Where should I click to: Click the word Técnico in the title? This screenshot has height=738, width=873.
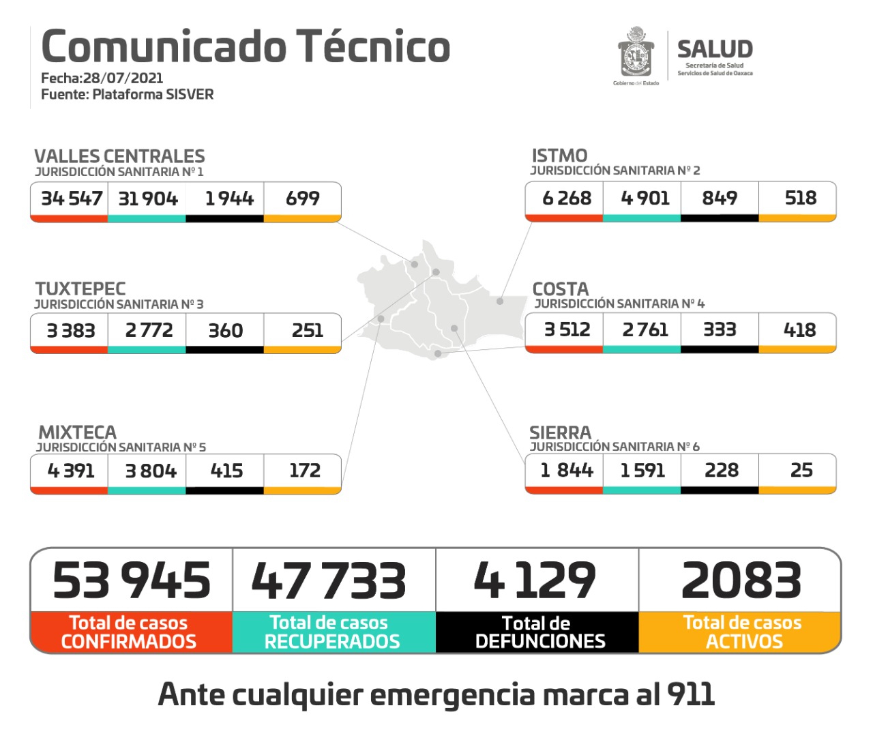(372, 46)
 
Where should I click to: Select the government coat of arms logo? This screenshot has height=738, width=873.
(636, 53)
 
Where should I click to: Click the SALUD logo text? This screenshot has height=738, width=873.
(715, 49)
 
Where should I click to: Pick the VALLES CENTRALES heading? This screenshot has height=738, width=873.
(119, 156)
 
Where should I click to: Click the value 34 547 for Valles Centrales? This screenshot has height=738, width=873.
(71, 198)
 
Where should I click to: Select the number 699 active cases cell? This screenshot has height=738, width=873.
(302, 198)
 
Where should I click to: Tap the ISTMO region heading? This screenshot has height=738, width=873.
(559, 156)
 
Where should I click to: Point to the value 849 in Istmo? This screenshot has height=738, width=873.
(720, 198)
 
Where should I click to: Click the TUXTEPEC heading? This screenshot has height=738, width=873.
(80, 289)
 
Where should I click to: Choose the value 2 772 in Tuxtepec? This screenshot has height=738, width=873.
(149, 330)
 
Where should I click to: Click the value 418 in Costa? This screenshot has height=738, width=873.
(799, 330)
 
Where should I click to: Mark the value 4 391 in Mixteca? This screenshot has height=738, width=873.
(71, 471)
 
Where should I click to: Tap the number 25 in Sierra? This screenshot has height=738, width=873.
(801, 470)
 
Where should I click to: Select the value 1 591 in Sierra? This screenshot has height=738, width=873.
(642, 470)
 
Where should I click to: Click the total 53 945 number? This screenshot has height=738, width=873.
(132, 580)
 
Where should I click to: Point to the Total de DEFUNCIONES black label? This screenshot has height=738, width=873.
(538, 632)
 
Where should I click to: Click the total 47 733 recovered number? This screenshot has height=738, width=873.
(329, 580)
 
